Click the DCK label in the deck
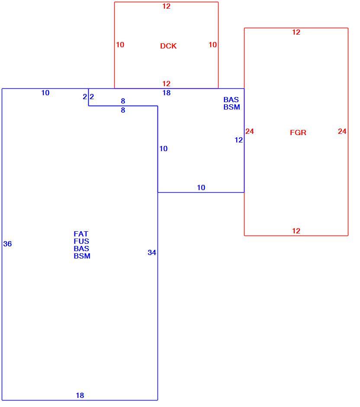(168, 46)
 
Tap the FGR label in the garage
(298, 132)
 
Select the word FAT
(81, 234)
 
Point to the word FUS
(81, 241)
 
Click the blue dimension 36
(7, 244)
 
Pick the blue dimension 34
(152, 252)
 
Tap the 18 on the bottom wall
(80, 395)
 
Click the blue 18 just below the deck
(167, 93)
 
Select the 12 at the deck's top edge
(167, 6)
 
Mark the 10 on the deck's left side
(120, 45)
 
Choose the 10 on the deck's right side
(213, 45)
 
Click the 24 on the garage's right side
(342, 131)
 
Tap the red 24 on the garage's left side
(250, 131)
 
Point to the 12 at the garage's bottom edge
(296, 231)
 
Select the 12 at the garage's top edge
(296, 32)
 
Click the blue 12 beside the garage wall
(238, 140)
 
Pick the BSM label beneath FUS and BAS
(82, 256)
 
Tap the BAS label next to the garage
(231, 100)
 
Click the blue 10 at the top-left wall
(45, 93)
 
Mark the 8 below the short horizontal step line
(123, 110)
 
